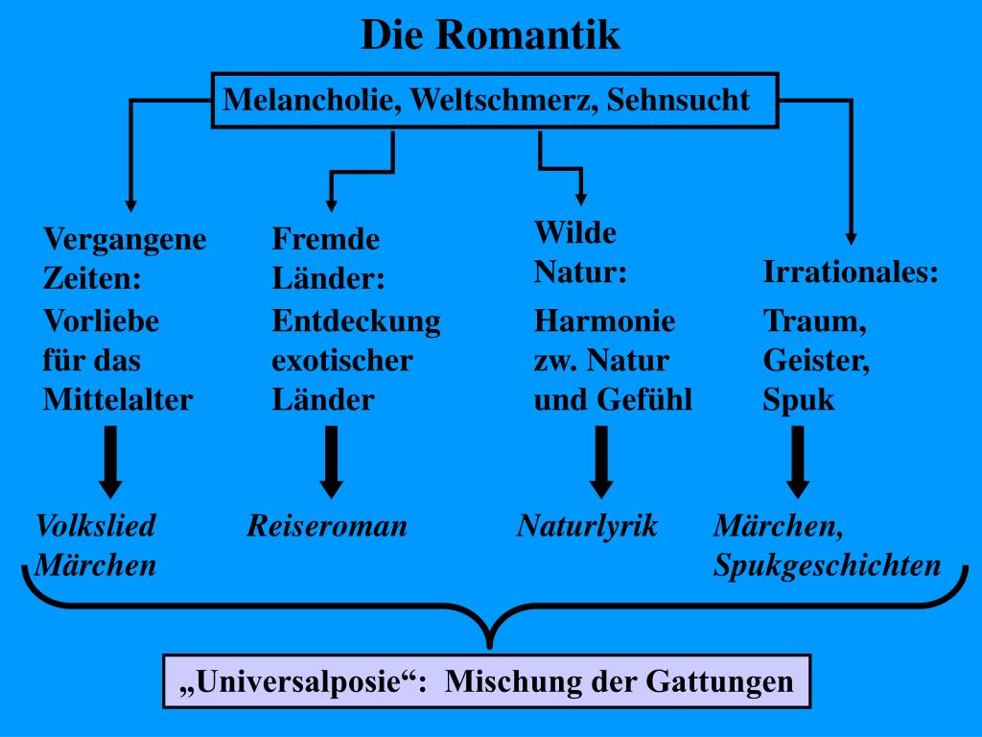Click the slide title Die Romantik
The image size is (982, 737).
pyautogui.click(x=490, y=36)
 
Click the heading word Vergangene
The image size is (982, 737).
pyautogui.click(x=125, y=239)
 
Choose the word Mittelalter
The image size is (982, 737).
pyautogui.click(x=118, y=400)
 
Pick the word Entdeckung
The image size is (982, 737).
pyautogui.click(x=356, y=321)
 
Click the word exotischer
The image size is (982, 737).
pyautogui.click(x=342, y=361)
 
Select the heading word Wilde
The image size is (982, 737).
pyautogui.click(x=575, y=233)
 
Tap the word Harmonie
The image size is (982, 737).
pyautogui.click(x=604, y=321)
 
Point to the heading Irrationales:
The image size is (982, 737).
pyautogui.click(x=851, y=273)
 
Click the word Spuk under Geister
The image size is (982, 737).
pyautogui.click(x=799, y=400)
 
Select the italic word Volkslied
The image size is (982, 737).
pyautogui.click(x=95, y=526)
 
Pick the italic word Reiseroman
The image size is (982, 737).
pyautogui.click(x=327, y=526)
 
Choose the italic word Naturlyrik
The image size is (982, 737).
pyautogui.click(x=588, y=526)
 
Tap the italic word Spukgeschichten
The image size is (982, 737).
pyautogui.click(x=827, y=565)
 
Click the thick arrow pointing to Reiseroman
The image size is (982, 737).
pyautogui.click(x=332, y=462)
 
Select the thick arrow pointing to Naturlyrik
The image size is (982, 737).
pyautogui.click(x=601, y=462)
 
